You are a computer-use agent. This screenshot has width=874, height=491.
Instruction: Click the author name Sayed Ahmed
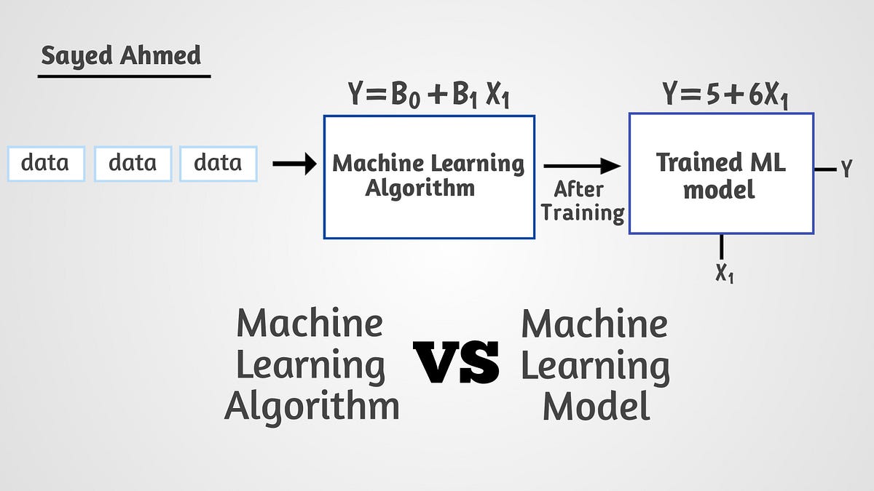pos(120,55)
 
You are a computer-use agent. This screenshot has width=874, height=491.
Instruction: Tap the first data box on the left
pos(45,164)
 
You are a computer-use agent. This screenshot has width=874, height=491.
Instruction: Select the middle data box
pos(133,164)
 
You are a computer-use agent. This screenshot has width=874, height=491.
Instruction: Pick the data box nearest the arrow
pos(218,164)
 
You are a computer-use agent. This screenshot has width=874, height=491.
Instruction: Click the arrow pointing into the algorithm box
pos(294,164)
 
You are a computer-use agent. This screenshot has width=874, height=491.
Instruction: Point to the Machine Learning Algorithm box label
pos(428,175)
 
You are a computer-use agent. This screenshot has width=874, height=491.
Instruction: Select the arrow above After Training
pos(581,167)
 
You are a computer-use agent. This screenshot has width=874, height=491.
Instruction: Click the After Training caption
pos(583,201)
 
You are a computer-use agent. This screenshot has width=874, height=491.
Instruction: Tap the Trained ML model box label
pos(720,175)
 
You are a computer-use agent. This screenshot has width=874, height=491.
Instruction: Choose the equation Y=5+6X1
pos(725,96)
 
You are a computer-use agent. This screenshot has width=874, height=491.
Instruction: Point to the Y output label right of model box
pos(846,169)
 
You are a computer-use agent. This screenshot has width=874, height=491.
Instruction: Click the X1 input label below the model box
pos(724,274)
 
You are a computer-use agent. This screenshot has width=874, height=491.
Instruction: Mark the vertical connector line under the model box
pos(722,247)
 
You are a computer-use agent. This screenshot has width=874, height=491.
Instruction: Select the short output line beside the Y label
pos(825,169)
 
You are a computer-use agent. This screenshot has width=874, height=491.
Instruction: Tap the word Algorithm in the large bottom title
pos(312,405)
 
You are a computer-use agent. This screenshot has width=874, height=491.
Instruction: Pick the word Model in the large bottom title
pos(596,405)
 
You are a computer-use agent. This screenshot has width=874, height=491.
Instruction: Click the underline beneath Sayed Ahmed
pos(124,76)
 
